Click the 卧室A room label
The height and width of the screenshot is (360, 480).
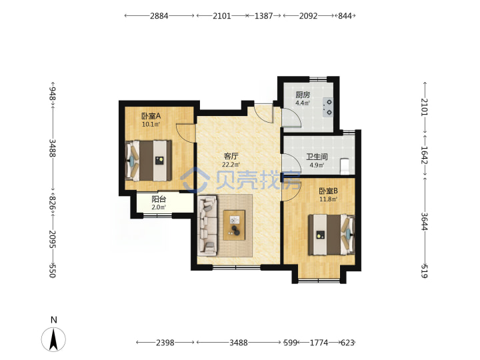coord(151,116)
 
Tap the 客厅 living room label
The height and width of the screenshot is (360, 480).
coord(231,156)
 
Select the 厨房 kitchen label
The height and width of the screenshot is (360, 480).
coord(303,95)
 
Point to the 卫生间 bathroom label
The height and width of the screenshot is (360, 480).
coord(317,157)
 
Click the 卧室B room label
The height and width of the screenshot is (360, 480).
coord(328,191)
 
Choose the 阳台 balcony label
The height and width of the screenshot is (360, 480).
coord(159,199)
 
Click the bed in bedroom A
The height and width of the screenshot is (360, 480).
coord(149,161)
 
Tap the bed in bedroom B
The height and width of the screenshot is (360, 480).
coord(331,235)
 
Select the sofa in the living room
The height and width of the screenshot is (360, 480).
coord(207,226)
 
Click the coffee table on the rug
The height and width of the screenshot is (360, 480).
coord(234,225)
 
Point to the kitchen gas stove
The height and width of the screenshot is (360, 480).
coord(327,107)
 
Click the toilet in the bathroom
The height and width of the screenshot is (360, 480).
coord(345,165)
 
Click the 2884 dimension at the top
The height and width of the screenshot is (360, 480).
coord(159,15)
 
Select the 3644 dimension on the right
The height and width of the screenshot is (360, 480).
coord(424,221)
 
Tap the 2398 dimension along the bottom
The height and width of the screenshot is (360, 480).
coord(165,343)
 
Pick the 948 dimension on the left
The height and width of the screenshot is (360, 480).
coord(53,93)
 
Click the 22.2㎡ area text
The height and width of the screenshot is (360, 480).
coord(231,165)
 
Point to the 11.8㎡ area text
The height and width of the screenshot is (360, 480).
coord(328,199)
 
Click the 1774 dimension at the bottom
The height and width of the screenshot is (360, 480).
coord(319,343)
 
